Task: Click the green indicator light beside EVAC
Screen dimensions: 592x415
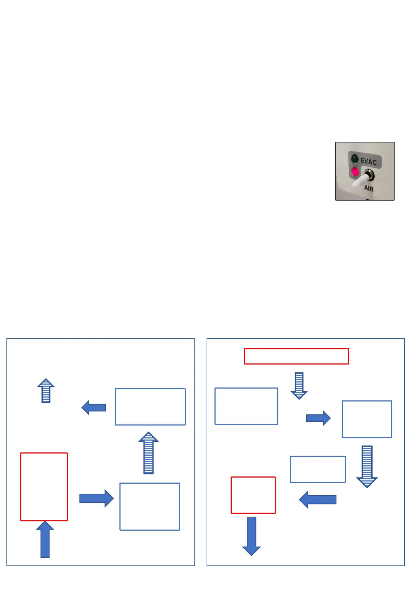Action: coord(355,158)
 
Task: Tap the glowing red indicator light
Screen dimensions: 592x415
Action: coord(355,172)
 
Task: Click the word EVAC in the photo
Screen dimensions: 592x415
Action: coord(368,161)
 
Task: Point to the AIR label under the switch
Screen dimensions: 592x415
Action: coord(369,188)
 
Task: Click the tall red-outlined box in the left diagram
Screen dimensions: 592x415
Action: coord(44,487)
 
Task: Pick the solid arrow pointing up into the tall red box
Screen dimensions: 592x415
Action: coord(45,539)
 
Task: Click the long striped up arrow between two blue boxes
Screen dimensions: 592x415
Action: coord(148,453)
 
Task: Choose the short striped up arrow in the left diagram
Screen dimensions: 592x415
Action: coord(46,391)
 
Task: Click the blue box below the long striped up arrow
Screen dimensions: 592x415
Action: coord(150,506)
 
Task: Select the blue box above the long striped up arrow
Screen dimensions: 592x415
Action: coord(150,407)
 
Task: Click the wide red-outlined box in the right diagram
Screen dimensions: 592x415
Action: coord(296,356)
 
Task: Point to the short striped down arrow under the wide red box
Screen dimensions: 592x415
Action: coord(299,386)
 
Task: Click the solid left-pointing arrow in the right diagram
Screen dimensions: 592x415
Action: coord(318,499)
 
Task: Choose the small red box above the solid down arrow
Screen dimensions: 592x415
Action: coord(253,495)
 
